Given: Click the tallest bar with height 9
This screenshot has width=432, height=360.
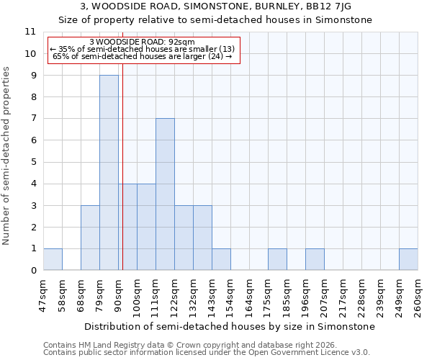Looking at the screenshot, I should tap(109, 173).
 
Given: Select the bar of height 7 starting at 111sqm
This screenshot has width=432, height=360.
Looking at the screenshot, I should tap(165, 194).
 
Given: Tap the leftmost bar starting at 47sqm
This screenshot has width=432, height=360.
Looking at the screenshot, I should tap(53, 259).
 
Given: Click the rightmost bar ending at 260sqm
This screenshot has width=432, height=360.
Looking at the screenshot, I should tap(408, 259).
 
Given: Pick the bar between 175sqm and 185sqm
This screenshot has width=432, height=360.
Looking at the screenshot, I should tap(277, 259).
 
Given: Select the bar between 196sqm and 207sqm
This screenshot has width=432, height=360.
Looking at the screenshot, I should tap(315, 259).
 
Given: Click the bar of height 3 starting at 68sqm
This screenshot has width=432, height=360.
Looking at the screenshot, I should tap(90, 238).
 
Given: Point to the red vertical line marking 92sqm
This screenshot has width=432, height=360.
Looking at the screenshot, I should tap(123, 180).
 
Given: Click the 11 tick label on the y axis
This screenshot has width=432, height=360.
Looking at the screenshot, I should tap(30, 32).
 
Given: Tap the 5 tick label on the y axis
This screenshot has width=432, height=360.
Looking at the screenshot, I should tap(33, 162).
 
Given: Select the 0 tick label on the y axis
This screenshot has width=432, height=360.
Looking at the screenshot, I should tap(33, 271).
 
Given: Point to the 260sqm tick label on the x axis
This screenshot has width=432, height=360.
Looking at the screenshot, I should tap(418, 296).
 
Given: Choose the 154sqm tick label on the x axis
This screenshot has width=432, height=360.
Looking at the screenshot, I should tap(231, 296).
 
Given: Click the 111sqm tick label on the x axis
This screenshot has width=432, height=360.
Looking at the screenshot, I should tap(156, 296).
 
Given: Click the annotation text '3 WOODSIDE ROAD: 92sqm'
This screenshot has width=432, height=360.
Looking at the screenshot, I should tap(142, 42).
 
